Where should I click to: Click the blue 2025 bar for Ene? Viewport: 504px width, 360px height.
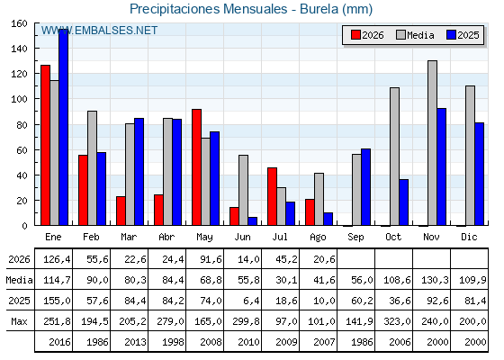point(64,127)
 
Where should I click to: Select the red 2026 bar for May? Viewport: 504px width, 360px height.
point(197,167)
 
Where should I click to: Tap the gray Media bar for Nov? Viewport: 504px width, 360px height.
point(432,143)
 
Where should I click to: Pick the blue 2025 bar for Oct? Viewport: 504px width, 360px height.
point(404,202)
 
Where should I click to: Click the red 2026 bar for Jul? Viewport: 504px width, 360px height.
point(272,196)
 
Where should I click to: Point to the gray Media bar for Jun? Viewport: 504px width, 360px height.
point(243,190)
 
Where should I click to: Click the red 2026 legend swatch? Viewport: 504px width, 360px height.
point(355,35)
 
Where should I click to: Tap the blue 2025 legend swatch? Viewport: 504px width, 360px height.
point(451,35)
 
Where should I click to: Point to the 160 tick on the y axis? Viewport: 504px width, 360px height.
point(19,23)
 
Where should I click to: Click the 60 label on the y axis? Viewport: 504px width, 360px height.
point(22,150)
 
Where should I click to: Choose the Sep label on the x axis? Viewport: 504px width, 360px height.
point(355,238)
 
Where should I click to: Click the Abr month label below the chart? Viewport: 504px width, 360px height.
point(166,238)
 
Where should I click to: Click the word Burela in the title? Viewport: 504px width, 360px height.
point(319,9)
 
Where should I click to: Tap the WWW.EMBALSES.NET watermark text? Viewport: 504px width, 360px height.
point(99,31)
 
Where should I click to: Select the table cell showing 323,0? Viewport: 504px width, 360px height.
point(397,321)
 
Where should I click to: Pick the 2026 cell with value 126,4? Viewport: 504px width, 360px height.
point(57,259)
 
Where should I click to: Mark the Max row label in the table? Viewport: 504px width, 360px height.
point(19,321)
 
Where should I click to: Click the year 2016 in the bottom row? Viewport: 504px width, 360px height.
point(59,342)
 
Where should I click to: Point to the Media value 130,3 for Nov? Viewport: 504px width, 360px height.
point(435,280)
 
